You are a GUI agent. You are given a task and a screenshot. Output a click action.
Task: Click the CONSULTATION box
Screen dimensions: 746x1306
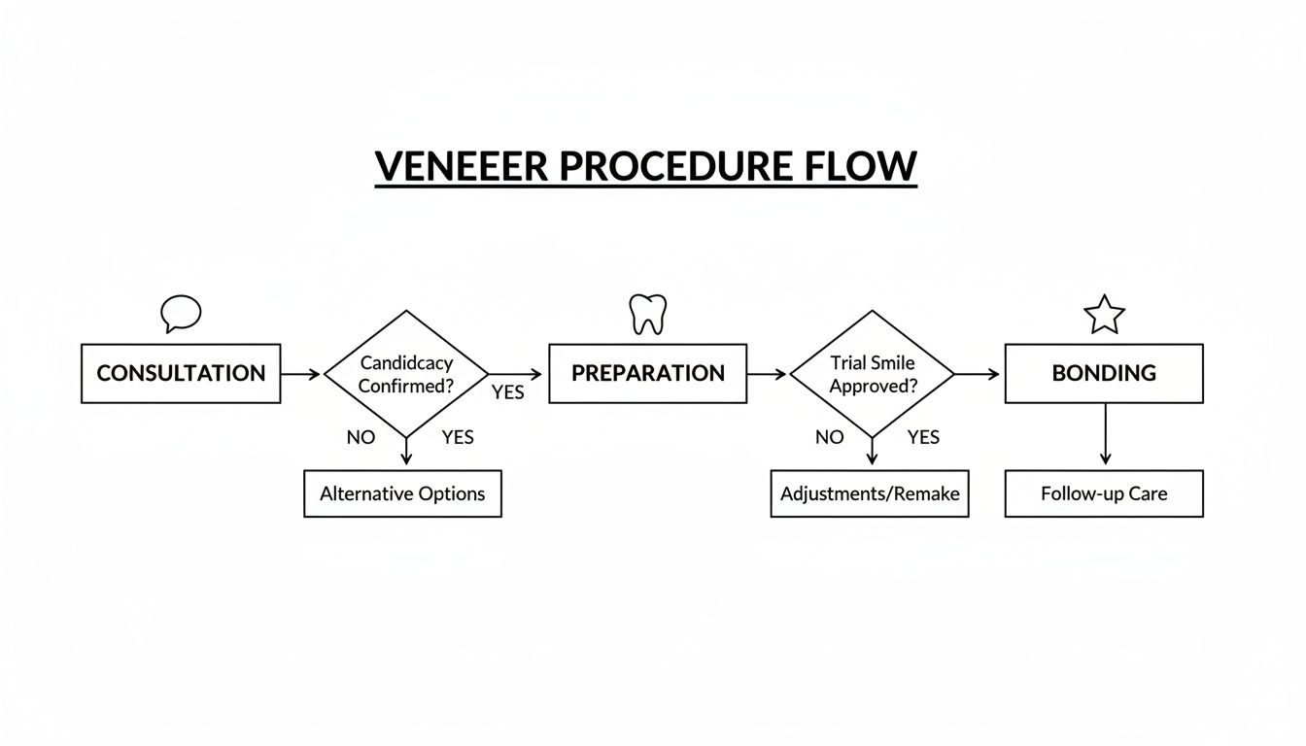pyautogui.click(x=181, y=373)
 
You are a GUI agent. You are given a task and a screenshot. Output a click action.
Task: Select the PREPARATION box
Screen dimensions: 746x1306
pyautogui.click(x=647, y=373)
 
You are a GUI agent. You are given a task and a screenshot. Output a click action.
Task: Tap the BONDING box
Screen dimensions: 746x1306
pyautogui.click(x=1104, y=373)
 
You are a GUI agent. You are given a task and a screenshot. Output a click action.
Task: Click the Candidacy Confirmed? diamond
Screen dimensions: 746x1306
pyautogui.click(x=406, y=373)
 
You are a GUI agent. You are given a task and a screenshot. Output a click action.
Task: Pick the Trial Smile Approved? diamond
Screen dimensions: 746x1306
pyautogui.click(x=873, y=373)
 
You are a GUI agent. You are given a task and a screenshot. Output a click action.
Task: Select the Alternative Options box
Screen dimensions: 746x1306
pyautogui.click(x=402, y=493)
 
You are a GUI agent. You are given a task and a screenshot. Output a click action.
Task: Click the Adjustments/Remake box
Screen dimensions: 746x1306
pyautogui.click(x=870, y=493)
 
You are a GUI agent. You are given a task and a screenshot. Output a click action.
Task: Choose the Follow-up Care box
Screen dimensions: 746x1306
pyautogui.click(x=1104, y=493)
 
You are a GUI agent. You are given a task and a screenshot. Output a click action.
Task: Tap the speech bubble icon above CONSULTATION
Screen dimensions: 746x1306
pyautogui.click(x=181, y=314)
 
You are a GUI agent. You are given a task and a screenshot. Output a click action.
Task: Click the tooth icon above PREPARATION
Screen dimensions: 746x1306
pyautogui.click(x=647, y=314)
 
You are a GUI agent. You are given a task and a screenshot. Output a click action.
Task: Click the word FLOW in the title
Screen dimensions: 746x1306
pyautogui.click(x=861, y=166)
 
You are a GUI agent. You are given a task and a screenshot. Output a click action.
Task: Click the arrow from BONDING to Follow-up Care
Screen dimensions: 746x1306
pyautogui.click(x=1105, y=435)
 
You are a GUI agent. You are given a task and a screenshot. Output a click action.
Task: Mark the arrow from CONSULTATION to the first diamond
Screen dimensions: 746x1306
pyautogui.click(x=300, y=374)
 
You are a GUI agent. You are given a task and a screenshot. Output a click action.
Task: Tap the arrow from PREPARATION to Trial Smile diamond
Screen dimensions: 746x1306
pyautogui.click(x=767, y=374)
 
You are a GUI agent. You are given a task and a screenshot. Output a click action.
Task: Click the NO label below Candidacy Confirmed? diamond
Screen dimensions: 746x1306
pyautogui.click(x=361, y=437)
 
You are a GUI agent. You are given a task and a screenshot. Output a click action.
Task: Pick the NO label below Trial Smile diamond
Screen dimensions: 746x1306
pyautogui.click(x=829, y=437)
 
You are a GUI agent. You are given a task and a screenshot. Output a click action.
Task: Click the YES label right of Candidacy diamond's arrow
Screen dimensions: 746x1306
pyautogui.click(x=507, y=392)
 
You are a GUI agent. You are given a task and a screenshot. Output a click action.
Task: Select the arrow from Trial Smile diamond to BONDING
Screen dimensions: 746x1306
pyautogui.click(x=977, y=374)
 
